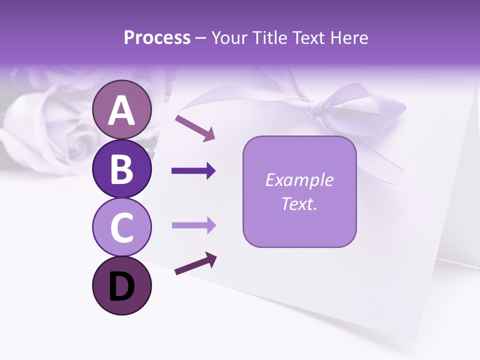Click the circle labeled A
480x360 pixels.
[121, 109]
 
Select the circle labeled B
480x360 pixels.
[121, 168]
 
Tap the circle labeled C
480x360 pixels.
[121, 227]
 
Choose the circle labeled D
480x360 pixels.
[121, 285]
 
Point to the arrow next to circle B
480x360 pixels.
[193, 171]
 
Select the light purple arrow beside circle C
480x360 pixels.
[193, 225]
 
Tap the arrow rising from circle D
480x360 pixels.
[195, 263]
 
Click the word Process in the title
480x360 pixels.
[157, 38]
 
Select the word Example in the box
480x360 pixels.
[299, 180]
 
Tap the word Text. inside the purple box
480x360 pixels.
[299, 203]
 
